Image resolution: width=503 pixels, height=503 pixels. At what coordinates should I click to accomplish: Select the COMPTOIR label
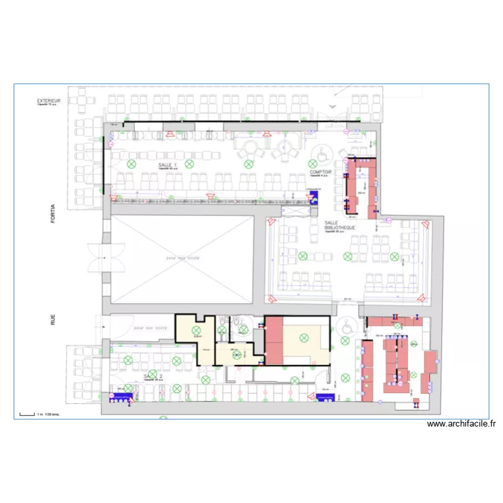coord(321,172)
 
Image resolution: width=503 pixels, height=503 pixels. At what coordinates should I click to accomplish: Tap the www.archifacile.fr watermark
coord(462,424)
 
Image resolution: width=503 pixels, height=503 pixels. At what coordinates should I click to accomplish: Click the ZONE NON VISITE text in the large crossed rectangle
coord(181,258)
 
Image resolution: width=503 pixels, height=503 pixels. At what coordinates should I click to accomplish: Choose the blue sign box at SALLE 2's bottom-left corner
coord(122,398)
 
